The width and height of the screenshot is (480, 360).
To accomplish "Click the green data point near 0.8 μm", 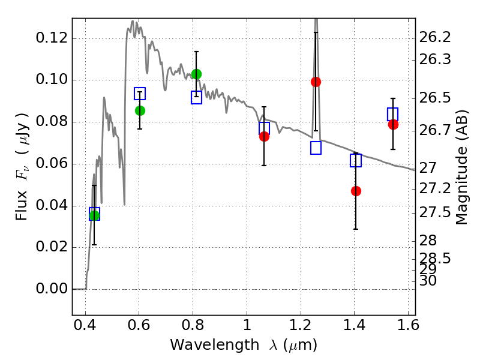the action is click(196, 74).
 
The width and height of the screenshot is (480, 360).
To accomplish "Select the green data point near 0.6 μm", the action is click(140, 110).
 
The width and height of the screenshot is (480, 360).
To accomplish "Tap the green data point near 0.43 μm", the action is click(94, 215).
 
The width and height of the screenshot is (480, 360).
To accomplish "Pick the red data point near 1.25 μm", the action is click(316, 82).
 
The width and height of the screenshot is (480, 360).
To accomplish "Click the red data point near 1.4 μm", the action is click(356, 191).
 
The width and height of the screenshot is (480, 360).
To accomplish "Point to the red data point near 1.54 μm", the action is click(393, 125).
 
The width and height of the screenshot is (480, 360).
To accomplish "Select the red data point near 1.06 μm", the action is click(264, 137).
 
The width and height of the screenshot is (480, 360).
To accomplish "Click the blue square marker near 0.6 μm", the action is click(140, 94).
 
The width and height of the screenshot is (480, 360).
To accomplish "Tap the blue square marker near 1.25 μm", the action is click(316, 148).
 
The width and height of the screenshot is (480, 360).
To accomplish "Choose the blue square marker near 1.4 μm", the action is click(356, 160).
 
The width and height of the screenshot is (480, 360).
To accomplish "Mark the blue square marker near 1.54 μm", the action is click(392, 114).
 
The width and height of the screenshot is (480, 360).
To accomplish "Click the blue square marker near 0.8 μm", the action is click(196, 97).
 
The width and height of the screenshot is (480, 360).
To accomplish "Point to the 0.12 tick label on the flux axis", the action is click(52, 38).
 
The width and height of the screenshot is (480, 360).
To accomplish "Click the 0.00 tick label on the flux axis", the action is click(52, 289).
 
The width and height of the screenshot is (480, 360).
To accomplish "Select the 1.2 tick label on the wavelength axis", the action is click(301, 325).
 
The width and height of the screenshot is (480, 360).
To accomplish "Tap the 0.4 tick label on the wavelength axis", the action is click(85, 325).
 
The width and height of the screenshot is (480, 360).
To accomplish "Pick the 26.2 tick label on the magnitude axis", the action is click(435, 37).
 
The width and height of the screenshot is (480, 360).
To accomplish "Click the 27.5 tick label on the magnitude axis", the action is click(435, 212).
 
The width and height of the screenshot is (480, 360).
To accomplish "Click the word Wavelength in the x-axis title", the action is click(215, 345).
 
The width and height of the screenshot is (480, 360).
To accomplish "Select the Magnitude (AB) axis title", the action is click(461, 167).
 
